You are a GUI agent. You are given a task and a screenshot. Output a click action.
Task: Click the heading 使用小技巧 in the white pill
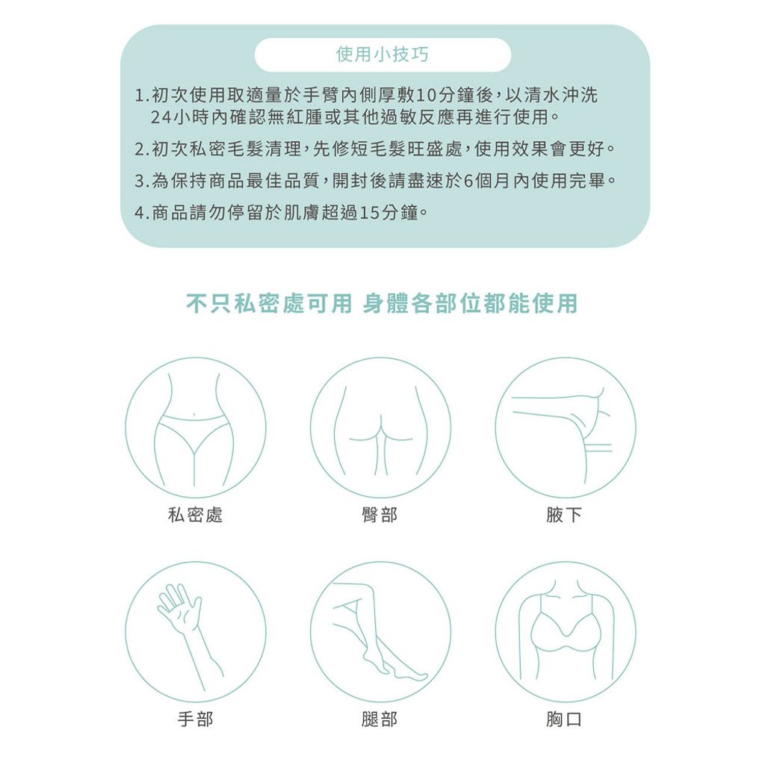coord(382,55)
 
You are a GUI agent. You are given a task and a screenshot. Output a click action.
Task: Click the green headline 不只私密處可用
coord(268,304)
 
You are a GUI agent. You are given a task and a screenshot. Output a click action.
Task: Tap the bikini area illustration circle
coord(195,427)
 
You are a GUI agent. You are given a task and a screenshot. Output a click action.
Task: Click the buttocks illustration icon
coord(380,427)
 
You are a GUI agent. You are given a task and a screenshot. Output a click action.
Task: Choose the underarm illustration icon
coord(565,427)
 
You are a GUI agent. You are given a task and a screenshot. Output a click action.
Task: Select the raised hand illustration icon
coord(195,631)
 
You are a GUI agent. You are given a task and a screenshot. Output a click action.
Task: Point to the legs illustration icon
coord(380,631)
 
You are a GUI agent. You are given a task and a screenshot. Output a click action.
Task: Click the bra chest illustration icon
coord(565,631)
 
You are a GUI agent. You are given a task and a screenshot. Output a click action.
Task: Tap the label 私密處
coord(195,515)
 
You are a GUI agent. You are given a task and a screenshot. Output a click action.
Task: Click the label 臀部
coord(380,515)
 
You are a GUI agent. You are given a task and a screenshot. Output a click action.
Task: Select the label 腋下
coord(565,515)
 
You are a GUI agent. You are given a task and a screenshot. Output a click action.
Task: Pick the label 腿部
coord(380,719)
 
